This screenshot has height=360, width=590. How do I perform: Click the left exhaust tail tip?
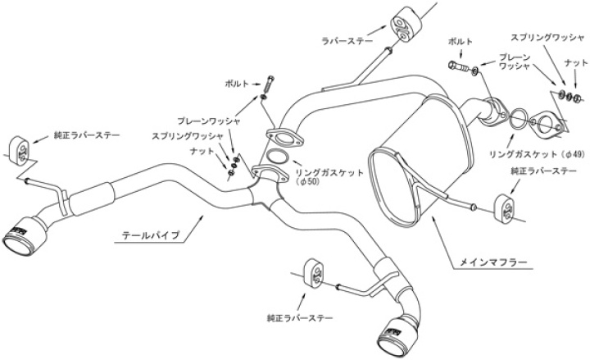point(20,232)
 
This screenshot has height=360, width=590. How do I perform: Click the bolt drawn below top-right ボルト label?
point(456,63)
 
